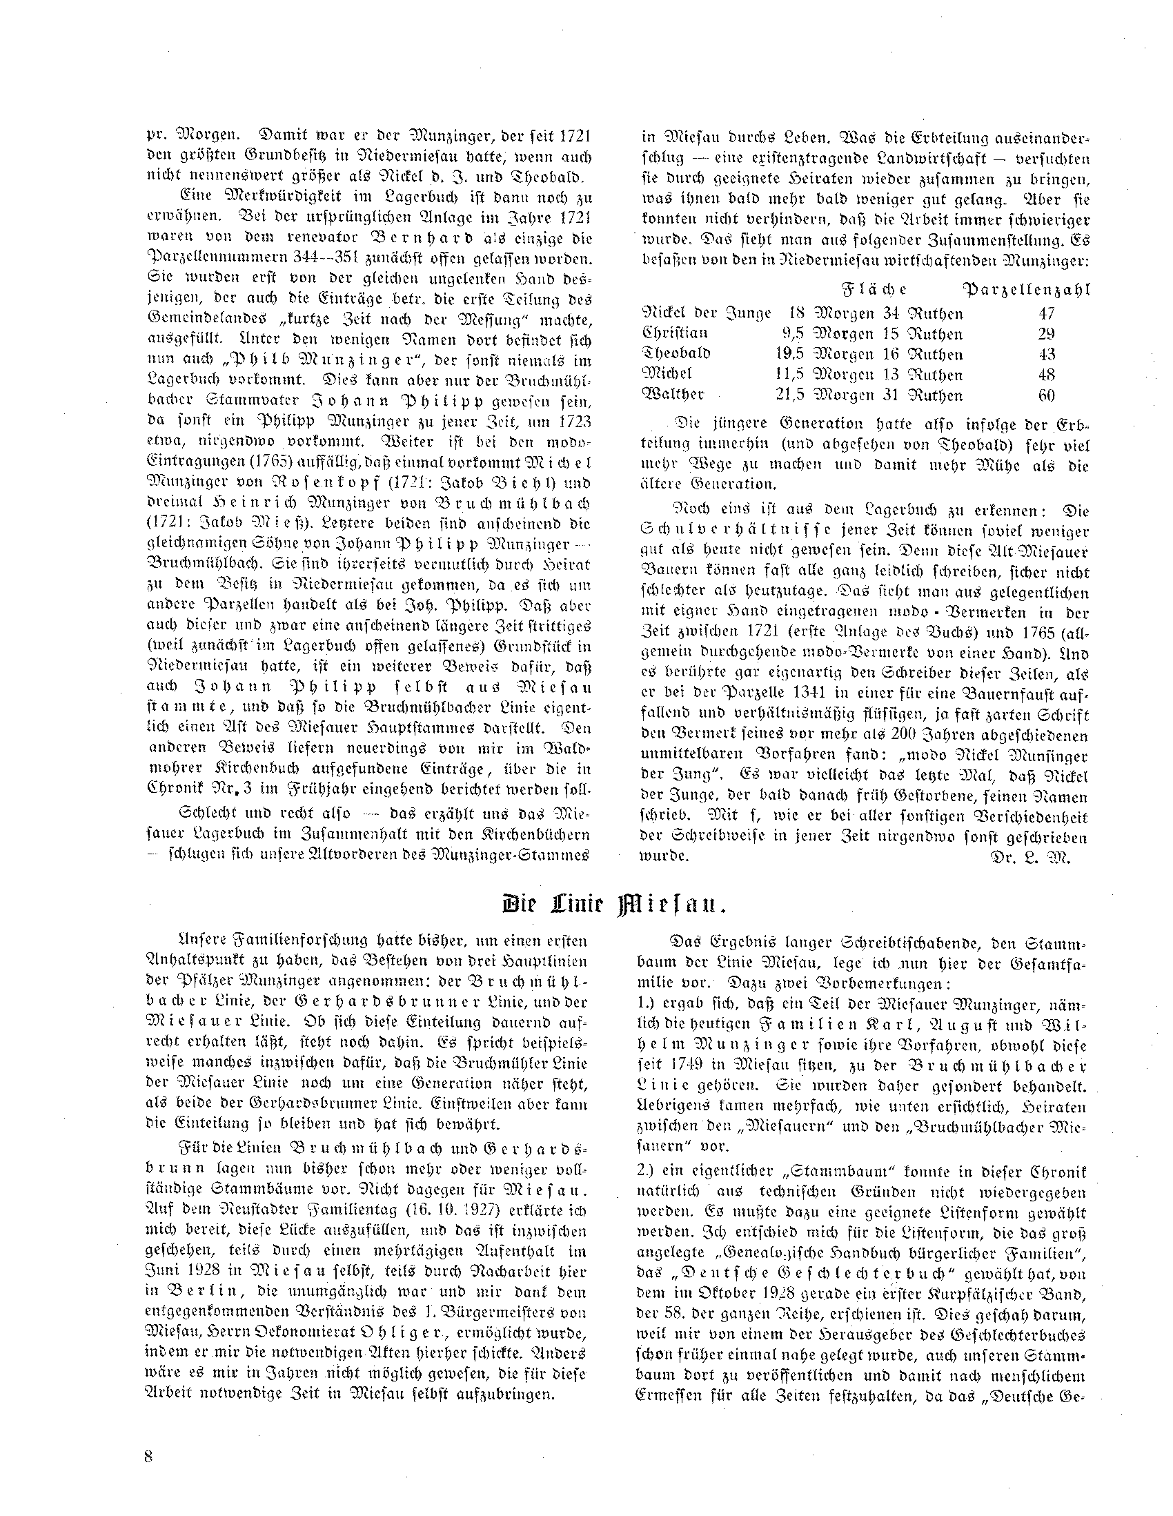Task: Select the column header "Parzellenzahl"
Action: [x=1026, y=290]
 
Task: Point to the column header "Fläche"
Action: [x=874, y=290]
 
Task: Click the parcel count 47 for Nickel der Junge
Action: [x=1046, y=314]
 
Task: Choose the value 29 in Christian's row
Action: [x=1046, y=335]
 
